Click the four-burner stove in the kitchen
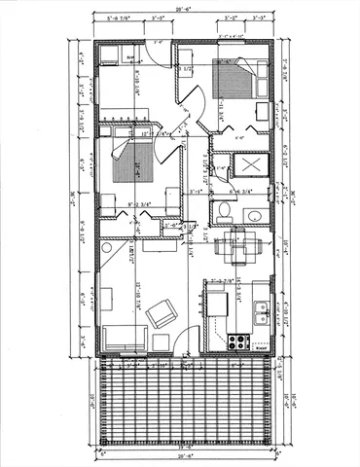pyautogui.click(x=237, y=341)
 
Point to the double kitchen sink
pyautogui.click(x=261, y=311)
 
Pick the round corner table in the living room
pyautogui.click(x=106, y=249)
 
